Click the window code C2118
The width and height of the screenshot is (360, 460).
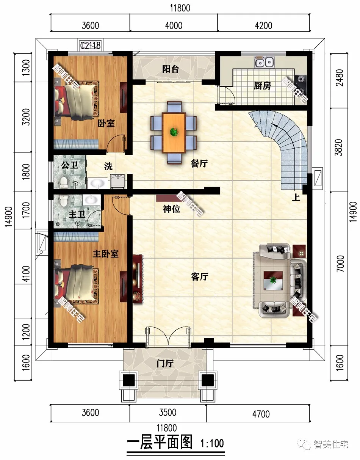coord(90,46)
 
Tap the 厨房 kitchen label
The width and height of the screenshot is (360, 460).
coord(262,86)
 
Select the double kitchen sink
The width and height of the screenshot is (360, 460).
coord(264,62)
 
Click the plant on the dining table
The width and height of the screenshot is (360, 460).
coord(174,132)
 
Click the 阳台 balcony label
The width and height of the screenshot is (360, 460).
coord(170,69)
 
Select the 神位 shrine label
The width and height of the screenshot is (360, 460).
coord(171,209)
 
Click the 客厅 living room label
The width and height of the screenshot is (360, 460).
coord(199,277)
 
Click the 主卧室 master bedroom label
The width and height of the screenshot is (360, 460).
coord(105,254)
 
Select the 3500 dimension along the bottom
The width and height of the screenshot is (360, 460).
coord(166,413)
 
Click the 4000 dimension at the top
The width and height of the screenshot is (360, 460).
coord(174,25)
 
